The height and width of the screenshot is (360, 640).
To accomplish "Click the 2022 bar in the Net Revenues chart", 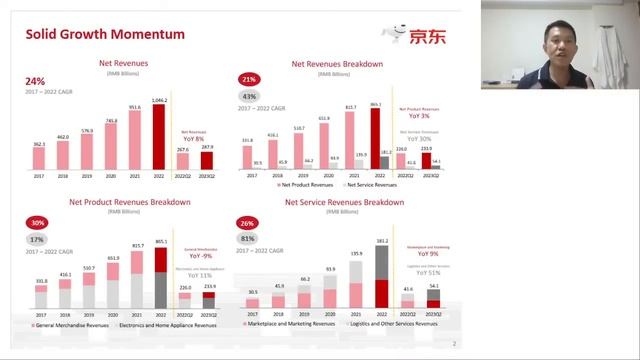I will click(x=158, y=139).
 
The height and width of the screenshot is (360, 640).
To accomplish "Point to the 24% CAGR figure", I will click(x=35, y=80).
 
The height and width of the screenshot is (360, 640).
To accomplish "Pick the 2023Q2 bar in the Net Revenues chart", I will click(x=207, y=160).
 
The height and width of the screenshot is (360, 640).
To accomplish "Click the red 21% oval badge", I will click(x=248, y=79).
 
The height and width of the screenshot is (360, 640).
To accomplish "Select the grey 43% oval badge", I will click(x=248, y=96).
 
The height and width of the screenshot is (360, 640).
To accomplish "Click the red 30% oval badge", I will click(x=38, y=223).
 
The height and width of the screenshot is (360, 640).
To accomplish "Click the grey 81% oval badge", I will click(x=248, y=239).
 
